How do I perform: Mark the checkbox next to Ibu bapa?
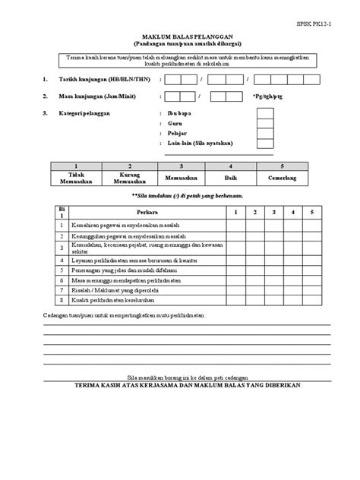265,113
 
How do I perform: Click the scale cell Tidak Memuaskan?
74,178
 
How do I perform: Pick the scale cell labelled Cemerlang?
282,177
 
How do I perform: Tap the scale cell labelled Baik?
230,177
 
